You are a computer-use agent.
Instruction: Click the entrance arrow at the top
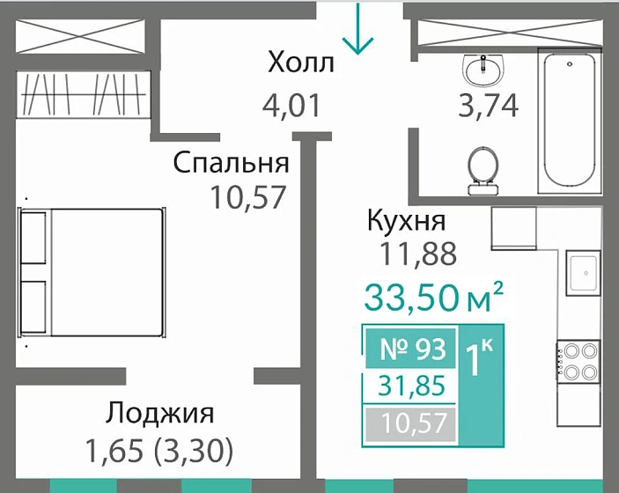pyautogui.click(x=357, y=28)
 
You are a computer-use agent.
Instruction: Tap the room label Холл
pyautogui.click(x=301, y=63)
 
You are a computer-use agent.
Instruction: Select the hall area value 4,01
pyautogui.click(x=291, y=106)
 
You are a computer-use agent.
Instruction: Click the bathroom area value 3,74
pyautogui.click(x=487, y=106)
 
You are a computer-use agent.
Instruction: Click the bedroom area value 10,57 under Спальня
pyautogui.click(x=248, y=196)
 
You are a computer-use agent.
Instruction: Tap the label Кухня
pyautogui.click(x=406, y=221)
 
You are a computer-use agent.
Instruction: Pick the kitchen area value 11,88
pyautogui.click(x=417, y=254)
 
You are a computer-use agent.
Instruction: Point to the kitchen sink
pyautogui.click(x=582, y=271)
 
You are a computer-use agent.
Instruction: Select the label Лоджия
pyautogui.click(x=160, y=413)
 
